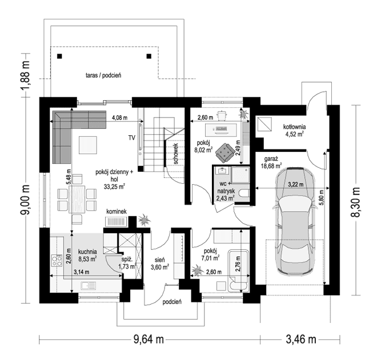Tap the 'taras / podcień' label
coord(103,75)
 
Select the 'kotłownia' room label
coord(295,127)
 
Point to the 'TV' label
coord(131,138)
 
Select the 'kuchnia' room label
coord(88,252)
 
